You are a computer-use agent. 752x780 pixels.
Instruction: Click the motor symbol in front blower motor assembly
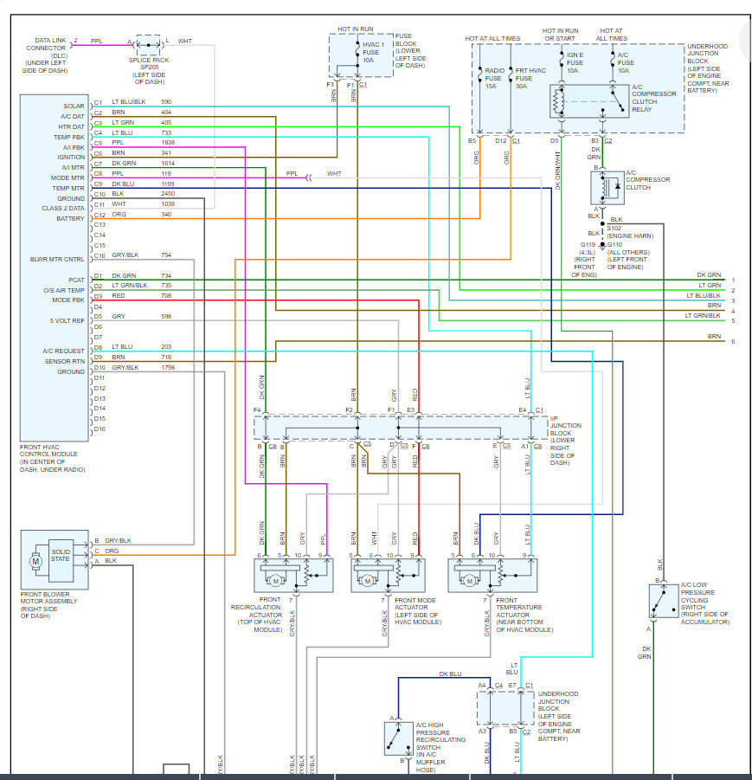(36, 561)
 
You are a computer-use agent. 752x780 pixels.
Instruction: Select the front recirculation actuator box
(294, 576)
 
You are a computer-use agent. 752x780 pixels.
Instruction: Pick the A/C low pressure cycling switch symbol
(664, 602)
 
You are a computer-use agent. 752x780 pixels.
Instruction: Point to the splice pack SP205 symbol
(148, 43)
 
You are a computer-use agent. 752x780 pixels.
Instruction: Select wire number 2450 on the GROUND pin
(167, 195)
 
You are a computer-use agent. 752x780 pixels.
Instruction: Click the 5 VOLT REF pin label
(67, 320)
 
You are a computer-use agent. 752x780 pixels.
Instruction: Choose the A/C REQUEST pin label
(63, 351)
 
